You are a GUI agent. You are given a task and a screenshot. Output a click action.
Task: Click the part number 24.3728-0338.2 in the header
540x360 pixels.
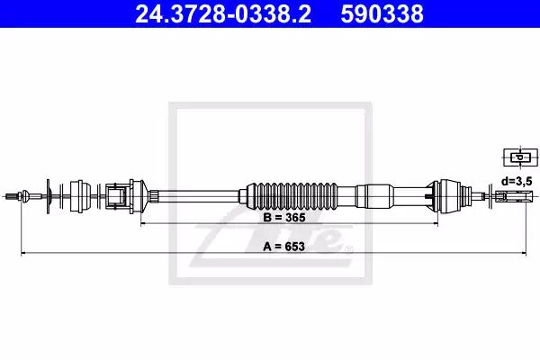[x=223, y=13]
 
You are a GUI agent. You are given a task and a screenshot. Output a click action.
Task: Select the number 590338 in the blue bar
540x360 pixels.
[x=382, y=13]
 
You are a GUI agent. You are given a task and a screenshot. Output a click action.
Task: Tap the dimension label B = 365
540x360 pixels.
[x=284, y=218]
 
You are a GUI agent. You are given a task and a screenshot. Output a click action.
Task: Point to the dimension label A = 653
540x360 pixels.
[x=284, y=247]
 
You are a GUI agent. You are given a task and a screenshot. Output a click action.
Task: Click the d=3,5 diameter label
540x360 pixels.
[x=517, y=181]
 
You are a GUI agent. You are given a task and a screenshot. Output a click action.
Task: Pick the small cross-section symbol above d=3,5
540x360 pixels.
[x=521, y=157]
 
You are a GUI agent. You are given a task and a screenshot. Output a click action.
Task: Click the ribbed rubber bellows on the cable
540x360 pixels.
[x=292, y=195]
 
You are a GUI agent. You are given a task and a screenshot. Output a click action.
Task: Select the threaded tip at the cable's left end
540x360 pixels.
[x=12, y=196]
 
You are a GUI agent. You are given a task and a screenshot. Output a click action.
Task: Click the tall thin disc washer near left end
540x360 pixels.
[x=48, y=196]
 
